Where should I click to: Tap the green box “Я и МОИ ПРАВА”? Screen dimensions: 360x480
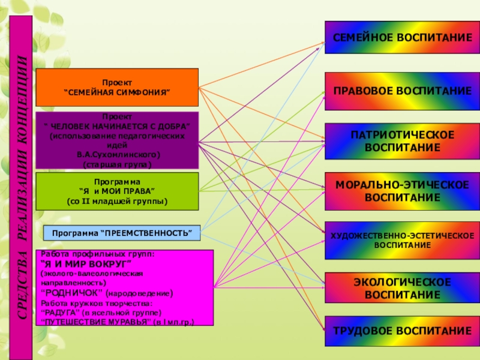click(x=117, y=191)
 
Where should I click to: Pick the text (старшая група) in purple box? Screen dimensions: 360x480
click(x=117, y=164)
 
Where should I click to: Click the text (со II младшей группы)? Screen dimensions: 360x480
click(x=117, y=200)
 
